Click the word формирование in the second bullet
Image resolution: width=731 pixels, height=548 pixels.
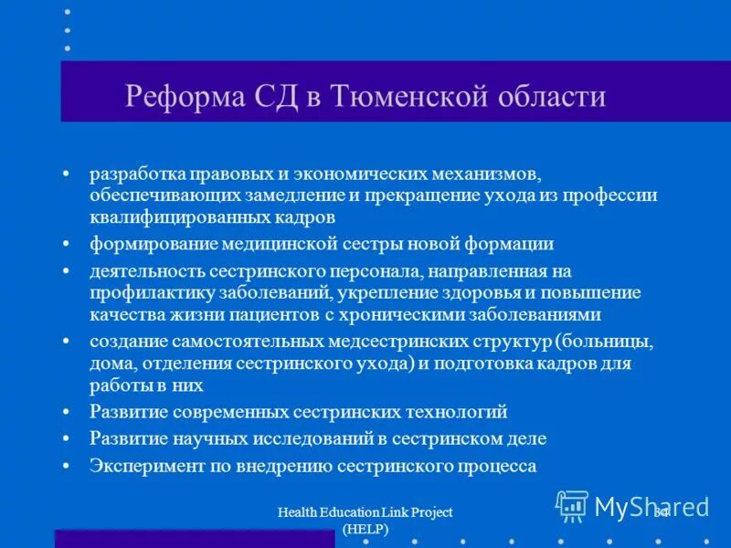[x=146, y=244]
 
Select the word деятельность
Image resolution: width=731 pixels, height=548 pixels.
[x=147, y=271]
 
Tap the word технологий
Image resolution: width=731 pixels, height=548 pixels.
[x=451, y=412]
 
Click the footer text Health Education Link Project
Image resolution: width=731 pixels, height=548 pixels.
[x=365, y=513]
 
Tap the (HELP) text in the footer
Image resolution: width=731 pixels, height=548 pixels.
[x=365, y=530]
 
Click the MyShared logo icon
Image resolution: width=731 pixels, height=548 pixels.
[x=572, y=505]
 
